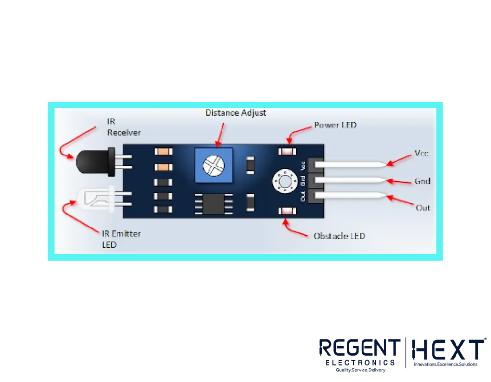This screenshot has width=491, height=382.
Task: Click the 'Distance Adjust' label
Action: pos(235,113)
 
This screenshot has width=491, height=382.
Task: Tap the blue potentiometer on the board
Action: pos(213,165)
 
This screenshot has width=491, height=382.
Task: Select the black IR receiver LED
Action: pos(95,162)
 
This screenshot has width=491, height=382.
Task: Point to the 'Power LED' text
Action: pos(335,125)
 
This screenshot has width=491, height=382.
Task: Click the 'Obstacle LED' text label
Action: pos(339,236)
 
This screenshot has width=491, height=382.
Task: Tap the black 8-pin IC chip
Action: pos(213,204)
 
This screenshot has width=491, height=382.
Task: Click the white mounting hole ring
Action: pos(285,181)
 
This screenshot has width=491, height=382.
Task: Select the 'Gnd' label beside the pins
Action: pos(422,181)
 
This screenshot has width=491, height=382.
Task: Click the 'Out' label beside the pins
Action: pos(423,208)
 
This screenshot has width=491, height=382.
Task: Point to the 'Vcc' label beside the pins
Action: pos(421,153)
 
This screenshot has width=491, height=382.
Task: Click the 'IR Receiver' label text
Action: pos(124,127)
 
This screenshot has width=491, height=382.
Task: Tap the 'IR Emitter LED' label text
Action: pos(121,239)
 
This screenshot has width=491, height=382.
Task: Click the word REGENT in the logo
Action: pos(360,348)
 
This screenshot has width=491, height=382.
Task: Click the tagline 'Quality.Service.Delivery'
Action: pos(360,370)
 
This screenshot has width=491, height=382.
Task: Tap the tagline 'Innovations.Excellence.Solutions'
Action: pos(445,364)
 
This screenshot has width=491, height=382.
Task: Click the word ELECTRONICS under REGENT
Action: pos(360,363)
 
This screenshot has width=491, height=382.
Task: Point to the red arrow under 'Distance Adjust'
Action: pos(220,135)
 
